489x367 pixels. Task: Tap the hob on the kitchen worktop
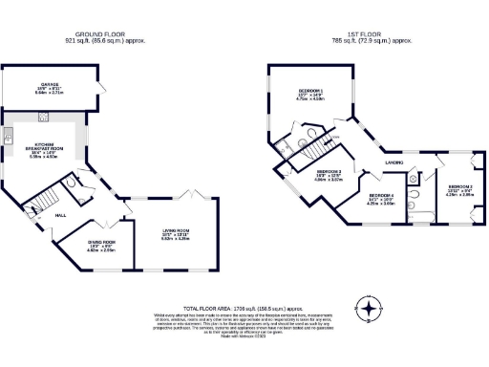(x=43, y=119)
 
